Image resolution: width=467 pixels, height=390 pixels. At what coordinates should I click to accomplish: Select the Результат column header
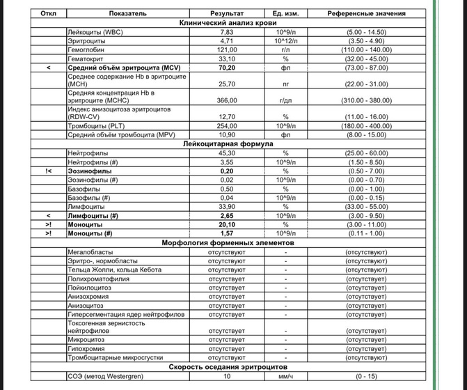coord(227,13)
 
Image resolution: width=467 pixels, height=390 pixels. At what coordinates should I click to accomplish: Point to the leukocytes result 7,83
coord(227,32)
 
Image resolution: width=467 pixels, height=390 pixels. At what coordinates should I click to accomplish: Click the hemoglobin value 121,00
coord(227,50)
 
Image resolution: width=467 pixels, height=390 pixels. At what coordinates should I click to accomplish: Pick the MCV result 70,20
coord(227,68)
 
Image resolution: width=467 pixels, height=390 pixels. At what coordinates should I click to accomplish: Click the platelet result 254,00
coord(227,125)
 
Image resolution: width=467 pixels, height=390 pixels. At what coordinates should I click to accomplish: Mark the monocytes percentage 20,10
coord(227,224)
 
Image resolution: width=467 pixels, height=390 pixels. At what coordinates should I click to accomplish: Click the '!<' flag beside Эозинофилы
coord(48,170)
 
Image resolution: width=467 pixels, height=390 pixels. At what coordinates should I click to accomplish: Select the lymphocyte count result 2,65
coord(227,215)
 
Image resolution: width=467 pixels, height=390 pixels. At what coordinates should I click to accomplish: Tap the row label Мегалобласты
coord(90,251)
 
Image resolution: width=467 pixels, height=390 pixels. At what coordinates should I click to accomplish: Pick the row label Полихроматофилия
coord(98,279)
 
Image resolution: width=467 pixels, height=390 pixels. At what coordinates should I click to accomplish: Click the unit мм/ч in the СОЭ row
coord(285,376)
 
